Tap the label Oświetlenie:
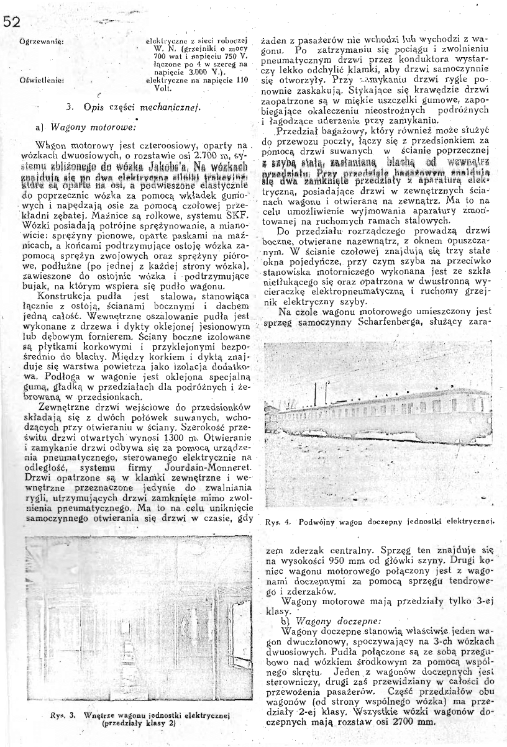click(39, 79)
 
